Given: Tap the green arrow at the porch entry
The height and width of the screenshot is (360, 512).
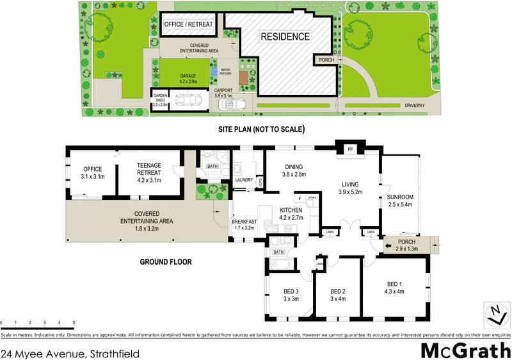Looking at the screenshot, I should coord(387,244).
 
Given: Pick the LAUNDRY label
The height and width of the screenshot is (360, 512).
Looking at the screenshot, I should coord(244,180).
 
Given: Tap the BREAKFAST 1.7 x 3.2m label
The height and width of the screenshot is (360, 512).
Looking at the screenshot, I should coord(244,224).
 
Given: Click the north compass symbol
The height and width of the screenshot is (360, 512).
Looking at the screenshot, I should coord(495,315).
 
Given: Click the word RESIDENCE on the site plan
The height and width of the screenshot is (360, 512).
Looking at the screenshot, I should coord(285,37).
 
